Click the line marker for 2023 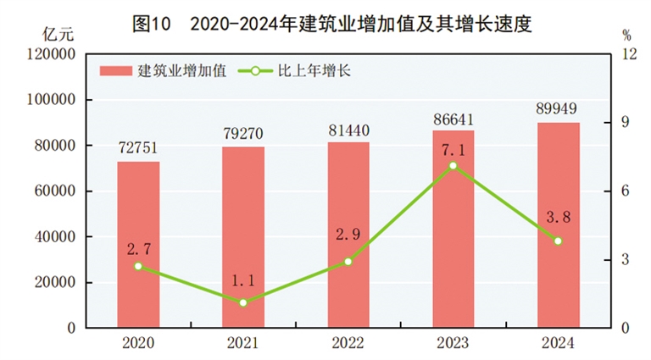point(453,165)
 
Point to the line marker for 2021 point(243,302)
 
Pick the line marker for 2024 point(559,241)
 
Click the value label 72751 point(138,147)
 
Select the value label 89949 point(559,108)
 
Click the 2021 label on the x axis point(243,343)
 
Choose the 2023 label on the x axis point(453,343)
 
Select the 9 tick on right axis point(626,123)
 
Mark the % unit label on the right point(626,36)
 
